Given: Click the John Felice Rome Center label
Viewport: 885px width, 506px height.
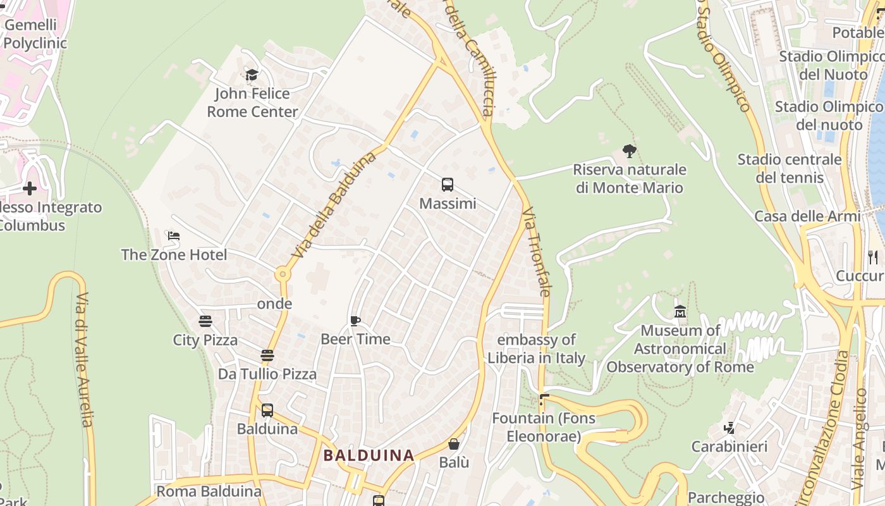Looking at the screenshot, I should (252, 103).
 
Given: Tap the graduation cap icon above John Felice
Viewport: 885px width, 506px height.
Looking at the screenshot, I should (252, 75).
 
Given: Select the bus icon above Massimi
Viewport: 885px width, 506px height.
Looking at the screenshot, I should (448, 185).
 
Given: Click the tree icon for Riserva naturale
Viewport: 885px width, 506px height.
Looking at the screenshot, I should (629, 151).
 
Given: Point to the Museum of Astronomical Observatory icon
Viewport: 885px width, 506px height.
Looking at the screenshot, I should (680, 312).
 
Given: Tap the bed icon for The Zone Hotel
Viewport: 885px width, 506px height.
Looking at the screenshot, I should (174, 236).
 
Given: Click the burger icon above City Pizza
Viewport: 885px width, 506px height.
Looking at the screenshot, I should (205, 321).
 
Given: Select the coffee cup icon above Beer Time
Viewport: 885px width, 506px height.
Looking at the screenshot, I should (355, 321).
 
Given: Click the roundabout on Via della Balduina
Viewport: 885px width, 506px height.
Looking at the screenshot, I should (282, 275).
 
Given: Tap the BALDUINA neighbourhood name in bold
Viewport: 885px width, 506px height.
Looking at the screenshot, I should (369, 455).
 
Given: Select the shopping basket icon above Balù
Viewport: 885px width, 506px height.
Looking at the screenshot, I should (454, 444).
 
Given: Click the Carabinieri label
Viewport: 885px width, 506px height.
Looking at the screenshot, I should (729, 447).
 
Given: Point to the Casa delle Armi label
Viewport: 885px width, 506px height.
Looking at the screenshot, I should (807, 216).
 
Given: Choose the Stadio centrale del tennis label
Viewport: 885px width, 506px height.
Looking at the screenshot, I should (790, 168).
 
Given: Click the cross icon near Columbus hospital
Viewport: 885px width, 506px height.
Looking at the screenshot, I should (29, 188).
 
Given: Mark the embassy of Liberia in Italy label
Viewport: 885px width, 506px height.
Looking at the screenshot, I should (536, 349).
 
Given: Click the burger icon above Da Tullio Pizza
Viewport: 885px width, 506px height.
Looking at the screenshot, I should (267, 355).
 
